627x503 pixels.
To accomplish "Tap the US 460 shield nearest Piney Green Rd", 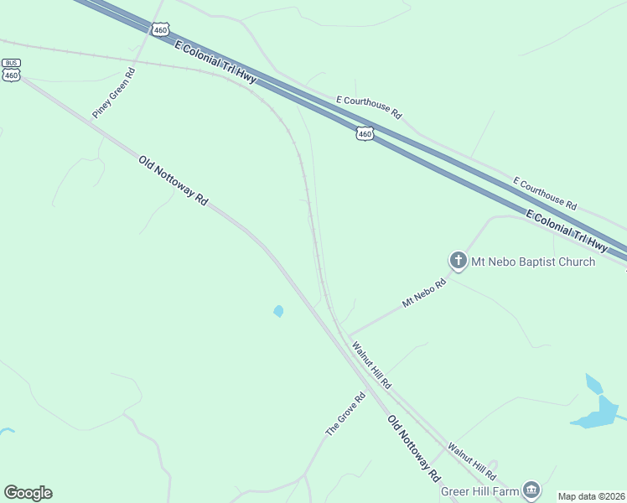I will click(160, 29).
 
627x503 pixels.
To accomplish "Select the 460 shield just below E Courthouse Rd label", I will click(364, 133).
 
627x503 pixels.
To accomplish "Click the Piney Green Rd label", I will click(114, 92).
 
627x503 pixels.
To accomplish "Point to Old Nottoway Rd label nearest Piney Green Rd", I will click(173, 180).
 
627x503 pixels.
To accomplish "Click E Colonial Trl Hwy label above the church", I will click(566, 229).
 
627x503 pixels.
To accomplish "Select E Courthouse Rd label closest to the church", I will click(545, 192).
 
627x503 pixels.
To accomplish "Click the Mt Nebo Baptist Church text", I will click(533, 262).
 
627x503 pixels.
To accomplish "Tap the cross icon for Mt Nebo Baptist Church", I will click(458, 261).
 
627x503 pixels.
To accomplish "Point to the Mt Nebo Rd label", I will click(424, 293).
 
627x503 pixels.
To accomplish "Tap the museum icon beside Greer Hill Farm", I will click(531, 489).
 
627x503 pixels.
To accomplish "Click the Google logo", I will click(28, 493).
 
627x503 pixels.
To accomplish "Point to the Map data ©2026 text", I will click(592, 496).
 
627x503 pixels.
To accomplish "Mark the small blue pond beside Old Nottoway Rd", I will click(278, 311).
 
